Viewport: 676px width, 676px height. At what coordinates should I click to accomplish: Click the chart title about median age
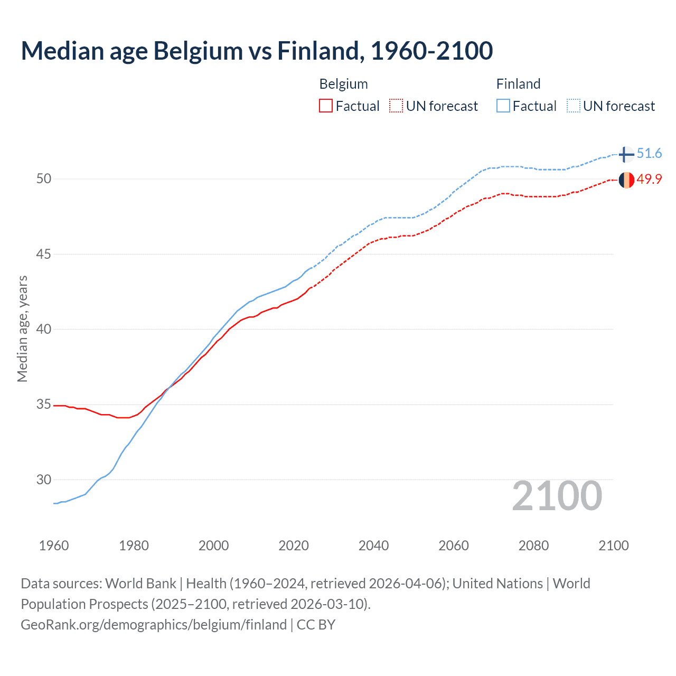coord(257,51)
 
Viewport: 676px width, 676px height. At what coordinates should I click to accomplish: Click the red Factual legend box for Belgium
coord(326,106)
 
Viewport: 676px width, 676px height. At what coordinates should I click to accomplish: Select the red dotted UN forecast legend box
coord(396,106)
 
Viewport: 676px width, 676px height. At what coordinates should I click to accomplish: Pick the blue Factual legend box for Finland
coord(503,106)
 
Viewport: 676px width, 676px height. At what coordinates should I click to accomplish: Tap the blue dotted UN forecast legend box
coord(574,106)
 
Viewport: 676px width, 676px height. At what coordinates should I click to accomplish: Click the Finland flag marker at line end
coord(626,154)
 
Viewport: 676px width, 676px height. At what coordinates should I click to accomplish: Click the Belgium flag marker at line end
coord(626,180)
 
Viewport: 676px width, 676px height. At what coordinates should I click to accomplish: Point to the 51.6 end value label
coord(649,154)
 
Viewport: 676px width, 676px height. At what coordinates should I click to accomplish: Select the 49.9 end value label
coord(649,180)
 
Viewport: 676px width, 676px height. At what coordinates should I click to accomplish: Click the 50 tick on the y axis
coord(44,179)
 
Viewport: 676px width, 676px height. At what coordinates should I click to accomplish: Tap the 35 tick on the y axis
coord(44,405)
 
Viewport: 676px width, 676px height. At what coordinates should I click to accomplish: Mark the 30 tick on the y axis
coord(44,480)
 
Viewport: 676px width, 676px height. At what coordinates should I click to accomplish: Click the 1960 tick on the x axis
coord(54,546)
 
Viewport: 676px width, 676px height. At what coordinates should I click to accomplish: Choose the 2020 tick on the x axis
coord(294,546)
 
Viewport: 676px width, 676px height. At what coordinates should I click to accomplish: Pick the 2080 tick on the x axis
coord(533,546)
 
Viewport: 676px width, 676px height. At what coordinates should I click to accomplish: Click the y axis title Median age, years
coord(22,328)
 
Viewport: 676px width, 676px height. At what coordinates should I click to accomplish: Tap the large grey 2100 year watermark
coord(557,495)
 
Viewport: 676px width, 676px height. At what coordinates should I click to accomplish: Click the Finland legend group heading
coord(518,84)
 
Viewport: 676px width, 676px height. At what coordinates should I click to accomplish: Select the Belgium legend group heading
coord(343,84)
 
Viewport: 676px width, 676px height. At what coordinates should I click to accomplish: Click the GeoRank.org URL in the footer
coord(154,625)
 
